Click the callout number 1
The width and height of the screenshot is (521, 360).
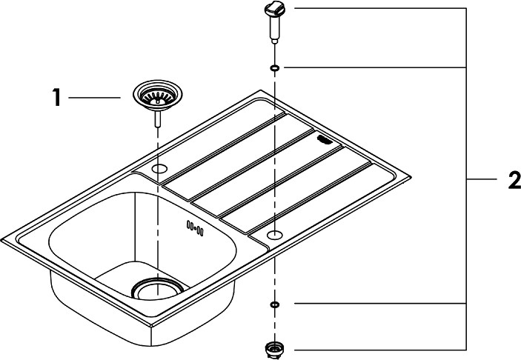pyautogui.click(x=57, y=97)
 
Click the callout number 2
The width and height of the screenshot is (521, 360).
pyautogui.click(x=514, y=180)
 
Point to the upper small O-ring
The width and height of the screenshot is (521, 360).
pyautogui.click(x=274, y=68)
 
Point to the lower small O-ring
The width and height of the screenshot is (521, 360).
pyautogui.click(x=274, y=304)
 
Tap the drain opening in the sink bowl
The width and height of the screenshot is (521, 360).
pyautogui.click(x=157, y=288)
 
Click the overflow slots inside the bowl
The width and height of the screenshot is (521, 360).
pyautogui.click(x=195, y=228)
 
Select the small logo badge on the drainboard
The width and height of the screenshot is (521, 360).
pyautogui.click(x=325, y=139)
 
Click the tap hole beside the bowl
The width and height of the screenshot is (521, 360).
pyautogui.click(x=159, y=169)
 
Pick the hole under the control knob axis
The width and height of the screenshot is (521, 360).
pyautogui.click(x=275, y=235)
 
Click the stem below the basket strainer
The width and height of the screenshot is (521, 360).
pyautogui.click(x=158, y=119)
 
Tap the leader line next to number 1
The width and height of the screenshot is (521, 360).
pyautogui.click(x=95, y=98)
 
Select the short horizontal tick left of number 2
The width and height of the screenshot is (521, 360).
pyautogui.click(x=482, y=180)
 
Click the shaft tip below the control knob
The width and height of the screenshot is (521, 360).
pyautogui.click(x=274, y=41)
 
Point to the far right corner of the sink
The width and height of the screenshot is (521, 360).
pyautogui.click(x=411, y=177)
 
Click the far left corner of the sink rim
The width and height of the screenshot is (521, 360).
pyautogui.click(x=1, y=240)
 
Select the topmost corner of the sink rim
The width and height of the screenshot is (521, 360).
pyautogui.click(x=261, y=90)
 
